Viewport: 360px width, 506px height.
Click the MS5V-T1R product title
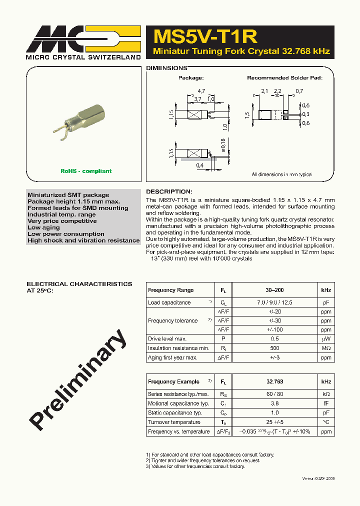pyautogui.click(x=205, y=36)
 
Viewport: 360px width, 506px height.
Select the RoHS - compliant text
pyautogui.click(x=86, y=171)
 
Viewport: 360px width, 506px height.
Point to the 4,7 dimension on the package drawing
pyautogui.click(x=201, y=91)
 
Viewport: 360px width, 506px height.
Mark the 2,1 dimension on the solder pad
pyautogui.click(x=264, y=91)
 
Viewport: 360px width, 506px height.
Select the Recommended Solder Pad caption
pyautogui.click(x=284, y=78)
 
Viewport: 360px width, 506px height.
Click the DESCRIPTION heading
pyautogui.click(x=168, y=191)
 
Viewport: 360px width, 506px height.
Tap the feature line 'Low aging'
pyautogui.click(x=43, y=227)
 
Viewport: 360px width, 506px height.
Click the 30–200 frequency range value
pyautogui.click(x=274, y=290)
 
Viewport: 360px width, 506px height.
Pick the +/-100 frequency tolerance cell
pyautogui.click(x=274, y=329)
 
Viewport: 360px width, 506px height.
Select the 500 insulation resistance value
pyautogui.click(x=274, y=348)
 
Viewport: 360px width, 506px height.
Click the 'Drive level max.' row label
pyautogui.click(x=167, y=339)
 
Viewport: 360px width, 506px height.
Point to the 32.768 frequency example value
pyautogui.click(x=274, y=381)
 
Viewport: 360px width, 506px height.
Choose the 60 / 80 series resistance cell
pyautogui.click(x=274, y=394)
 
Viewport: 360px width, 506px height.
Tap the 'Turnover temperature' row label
pyautogui.click(x=174, y=422)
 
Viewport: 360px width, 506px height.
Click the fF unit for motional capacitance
pyautogui.click(x=326, y=403)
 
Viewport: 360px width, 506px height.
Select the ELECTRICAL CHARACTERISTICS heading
pyautogui.click(x=79, y=284)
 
